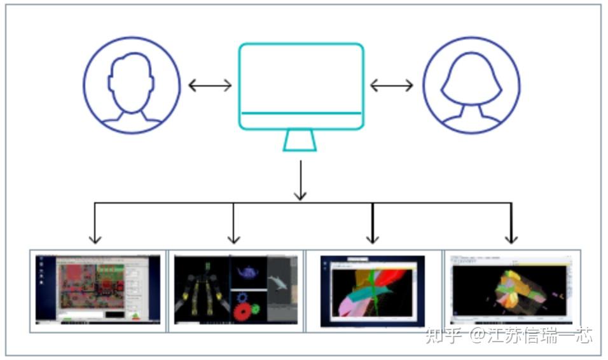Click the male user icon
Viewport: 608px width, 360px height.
(x=132, y=85)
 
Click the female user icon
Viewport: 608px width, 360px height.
(x=471, y=85)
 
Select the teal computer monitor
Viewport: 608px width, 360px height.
(x=301, y=85)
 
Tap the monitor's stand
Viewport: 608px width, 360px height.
(x=300, y=141)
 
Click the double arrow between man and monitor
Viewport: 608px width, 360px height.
(x=210, y=85)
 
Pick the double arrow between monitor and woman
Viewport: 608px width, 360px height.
(x=392, y=85)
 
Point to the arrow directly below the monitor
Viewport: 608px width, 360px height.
(x=300, y=181)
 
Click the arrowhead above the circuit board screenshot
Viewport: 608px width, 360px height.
(x=95, y=239)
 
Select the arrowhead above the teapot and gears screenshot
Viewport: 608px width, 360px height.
(x=233, y=239)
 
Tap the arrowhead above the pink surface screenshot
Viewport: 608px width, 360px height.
(x=373, y=239)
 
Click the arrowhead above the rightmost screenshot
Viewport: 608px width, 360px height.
(x=511, y=239)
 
